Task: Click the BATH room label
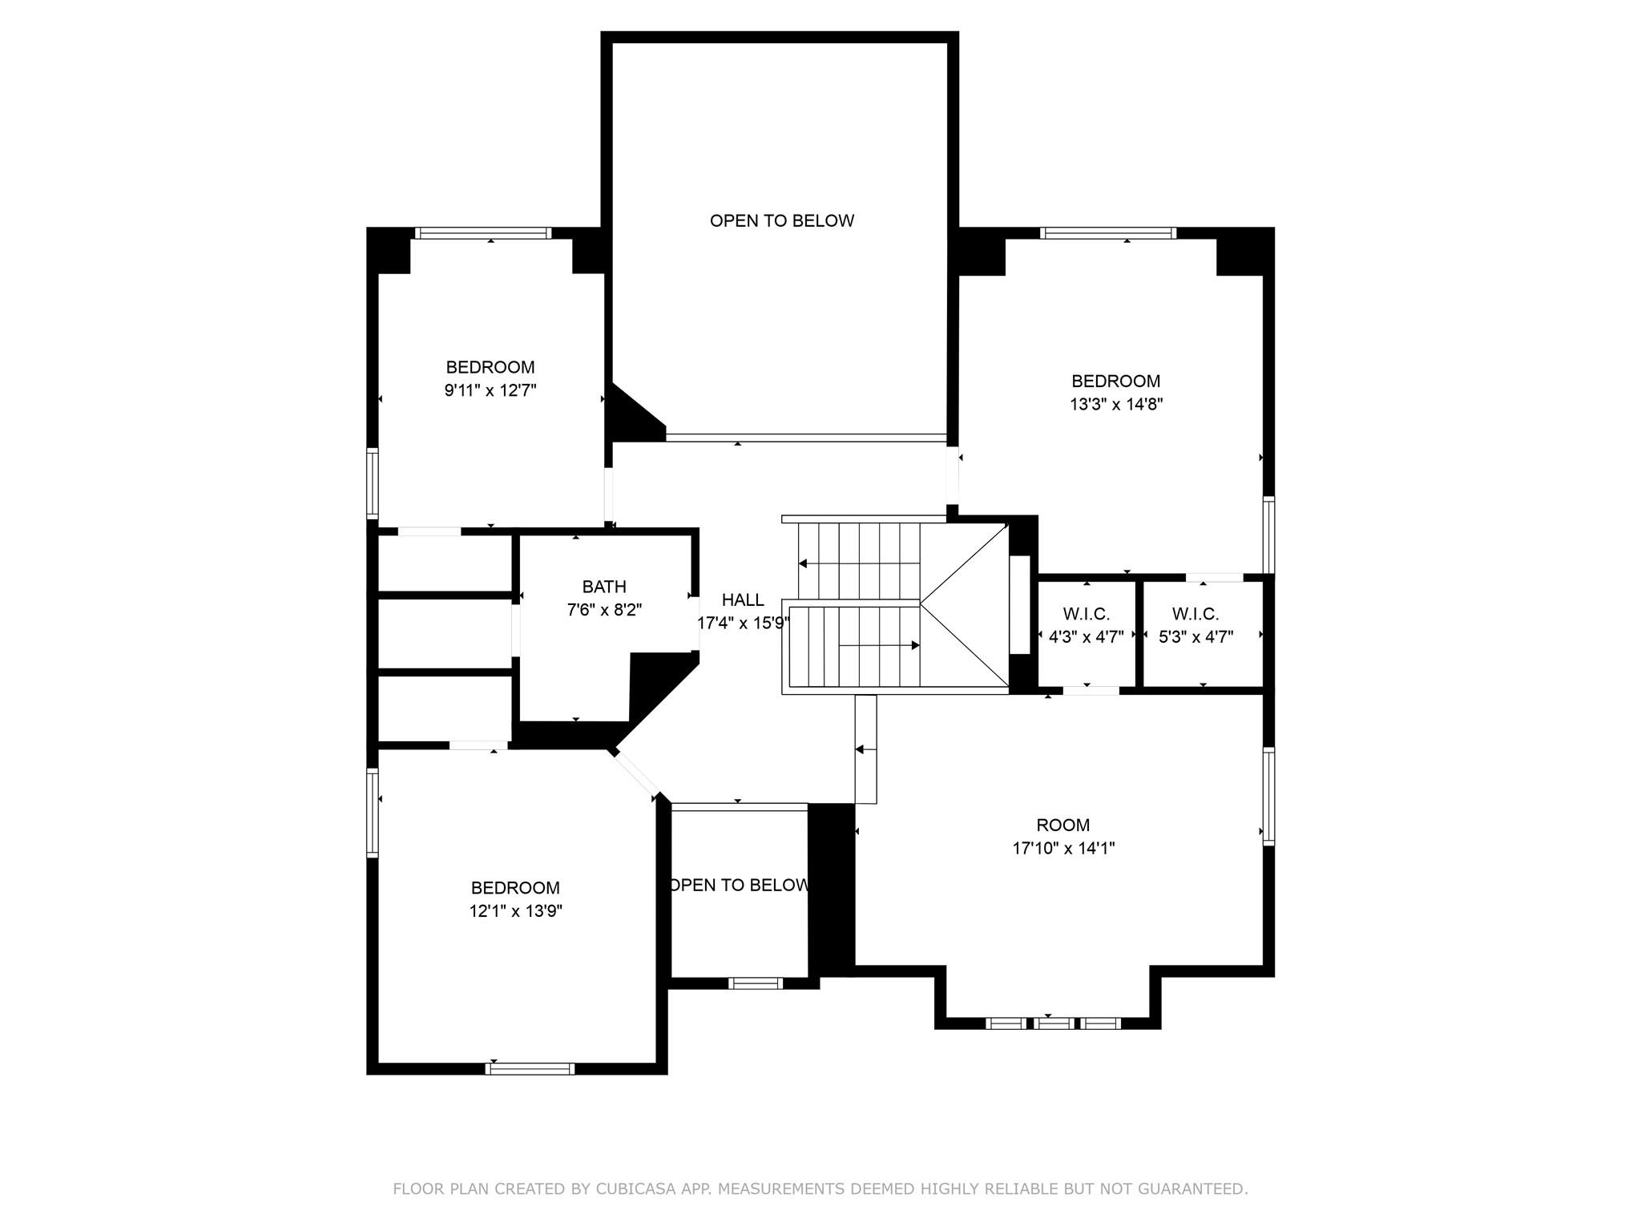[x=604, y=587]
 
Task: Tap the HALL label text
[x=743, y=600]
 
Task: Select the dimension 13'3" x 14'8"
[x=1116, y=405]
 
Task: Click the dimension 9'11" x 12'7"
[x=490, y=391]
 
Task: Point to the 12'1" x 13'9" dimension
[x=516, y=911]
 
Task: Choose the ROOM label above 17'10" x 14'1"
[x=1063, y=825]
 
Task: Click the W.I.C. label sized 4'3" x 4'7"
[x=1087, y=615]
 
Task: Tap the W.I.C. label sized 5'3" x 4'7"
[x=1195, y=615]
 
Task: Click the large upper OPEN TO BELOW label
[x=782, y=221]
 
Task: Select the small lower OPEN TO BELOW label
[x=739, y=885]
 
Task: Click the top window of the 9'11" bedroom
[x=483, y=233]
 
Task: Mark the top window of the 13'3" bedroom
[x=1108, y=233]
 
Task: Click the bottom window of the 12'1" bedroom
[x=530, y=1068]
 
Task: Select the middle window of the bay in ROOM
[x=1053, y=1023]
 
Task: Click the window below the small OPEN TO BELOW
[x=756, y=983]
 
